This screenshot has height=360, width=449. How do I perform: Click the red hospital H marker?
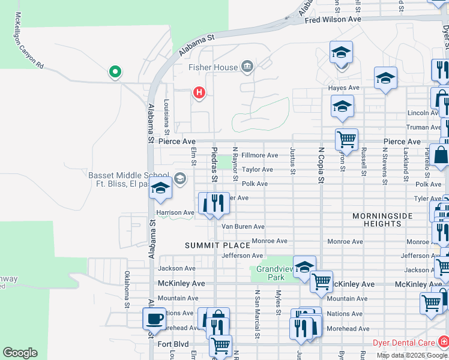tap(199, 93)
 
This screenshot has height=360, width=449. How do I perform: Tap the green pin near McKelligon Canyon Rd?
tap(115, 73)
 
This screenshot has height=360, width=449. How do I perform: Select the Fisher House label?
tap(213, 67)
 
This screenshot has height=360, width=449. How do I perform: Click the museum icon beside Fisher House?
tap(247, 66)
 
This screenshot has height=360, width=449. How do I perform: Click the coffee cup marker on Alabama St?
tap(154, 319)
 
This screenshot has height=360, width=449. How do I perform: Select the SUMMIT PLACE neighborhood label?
tap(217, 246)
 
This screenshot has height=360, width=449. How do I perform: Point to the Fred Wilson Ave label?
tap(333, 20)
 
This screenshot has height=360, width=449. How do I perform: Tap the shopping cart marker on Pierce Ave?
tap(346, 139)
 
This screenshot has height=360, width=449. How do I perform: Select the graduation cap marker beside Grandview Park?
tap(304, 266)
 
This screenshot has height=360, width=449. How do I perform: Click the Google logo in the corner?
tap(20, 353)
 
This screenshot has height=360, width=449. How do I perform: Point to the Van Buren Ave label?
tap(243, 227)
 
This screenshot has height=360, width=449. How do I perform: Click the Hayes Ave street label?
tap(343, 88)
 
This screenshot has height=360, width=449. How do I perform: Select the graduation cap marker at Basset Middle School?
tap(160, 189)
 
